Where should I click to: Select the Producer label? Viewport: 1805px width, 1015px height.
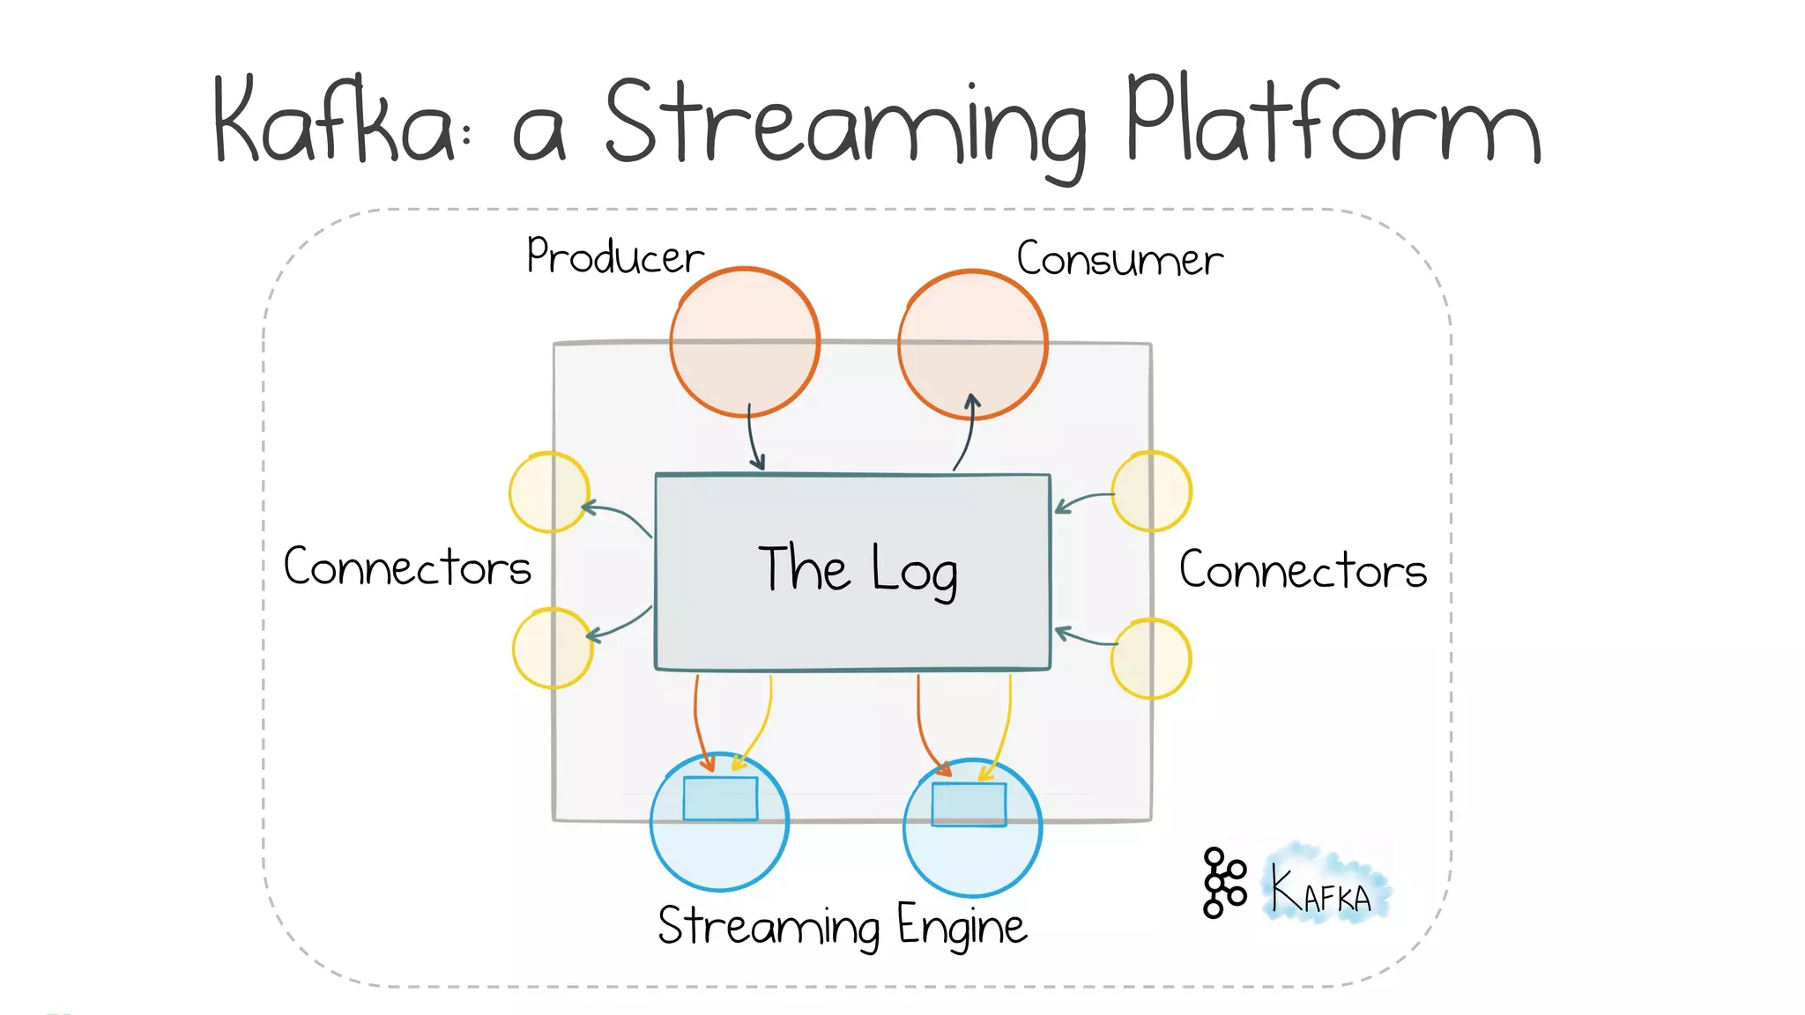pos(614,257)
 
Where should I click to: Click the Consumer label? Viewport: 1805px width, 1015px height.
pos(1119,260)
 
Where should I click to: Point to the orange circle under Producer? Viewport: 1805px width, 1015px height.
pos(745,342)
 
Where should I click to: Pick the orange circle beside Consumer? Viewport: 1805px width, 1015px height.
pos(972,344)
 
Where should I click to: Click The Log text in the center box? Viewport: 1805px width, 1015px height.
pos(857,570)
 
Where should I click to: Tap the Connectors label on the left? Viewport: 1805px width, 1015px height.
pos(407,567)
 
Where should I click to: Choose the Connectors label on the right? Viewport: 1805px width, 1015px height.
pos(1302,570)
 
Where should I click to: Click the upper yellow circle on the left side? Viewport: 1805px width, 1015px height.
pos(548,493)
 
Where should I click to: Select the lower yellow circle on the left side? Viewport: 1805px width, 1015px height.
pos(552,648)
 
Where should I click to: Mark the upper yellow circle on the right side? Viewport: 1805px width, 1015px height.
pos(1151,492)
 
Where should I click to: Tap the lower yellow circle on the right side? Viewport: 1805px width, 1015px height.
pos(1150,659)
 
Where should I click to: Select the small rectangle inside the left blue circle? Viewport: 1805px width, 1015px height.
pos(720,798)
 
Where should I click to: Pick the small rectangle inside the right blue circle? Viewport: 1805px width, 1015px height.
pos(969,804)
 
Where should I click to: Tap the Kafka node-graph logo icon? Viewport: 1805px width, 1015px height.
pos(1223,883)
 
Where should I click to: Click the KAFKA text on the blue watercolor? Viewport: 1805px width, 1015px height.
pos(1322,893)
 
